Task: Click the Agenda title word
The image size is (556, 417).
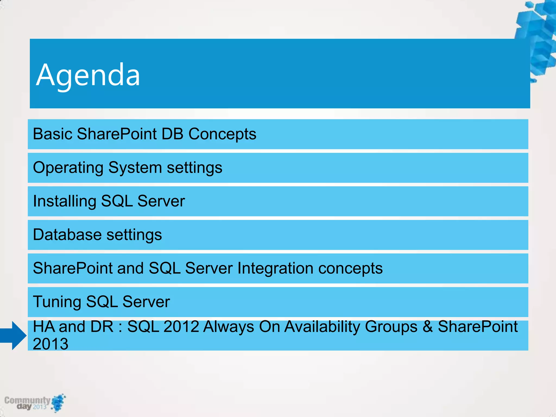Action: coord(88,75)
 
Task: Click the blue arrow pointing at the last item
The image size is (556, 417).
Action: coord(14,336)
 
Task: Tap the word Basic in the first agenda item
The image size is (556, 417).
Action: coord(53,134)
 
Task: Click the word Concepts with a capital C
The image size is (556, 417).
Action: coord(222,134)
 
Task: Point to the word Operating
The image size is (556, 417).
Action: coord(68,168)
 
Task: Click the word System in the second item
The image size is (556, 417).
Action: coord(135,168)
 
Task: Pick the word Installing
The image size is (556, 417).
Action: coord(64,201)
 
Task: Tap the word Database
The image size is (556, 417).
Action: coord(67,235)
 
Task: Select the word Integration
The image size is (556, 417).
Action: coord(275,268)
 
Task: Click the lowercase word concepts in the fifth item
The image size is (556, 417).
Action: coord(350,268)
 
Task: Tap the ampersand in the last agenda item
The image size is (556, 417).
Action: coord(427,327)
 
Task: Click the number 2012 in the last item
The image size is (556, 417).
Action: coord(181,327)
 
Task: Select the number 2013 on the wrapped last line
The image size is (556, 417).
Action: coord(50,344)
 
